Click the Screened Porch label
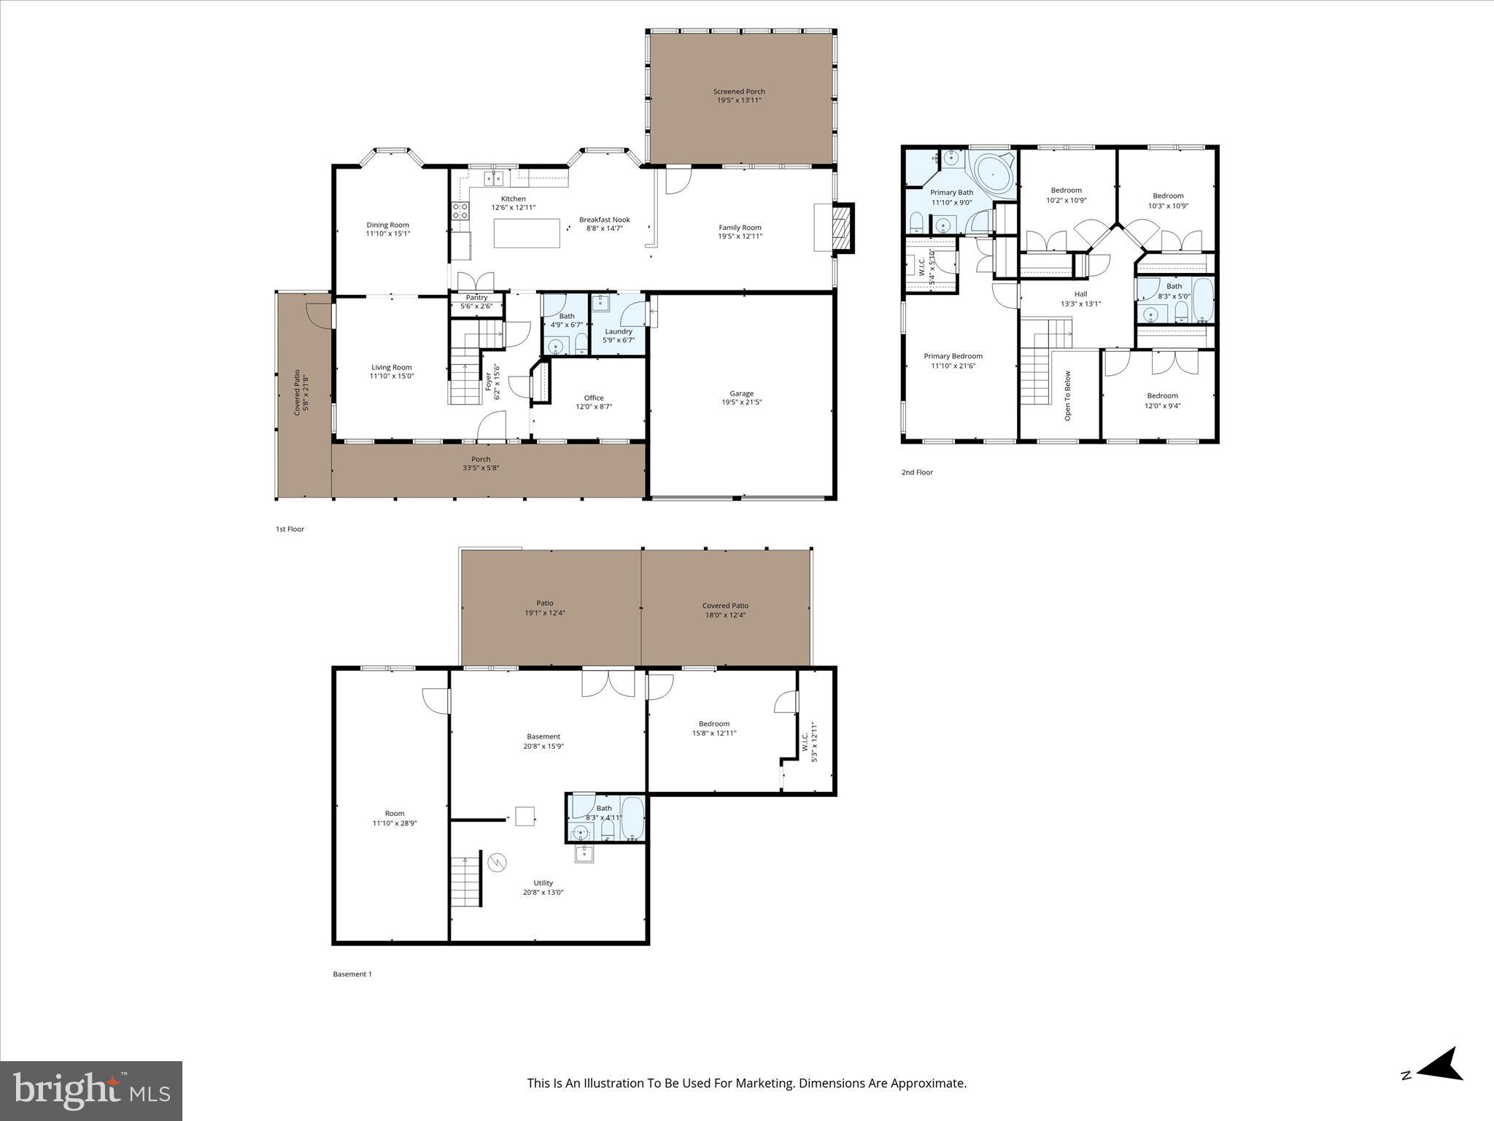point(739,96)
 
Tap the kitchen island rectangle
point(527,234)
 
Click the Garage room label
point(741,398)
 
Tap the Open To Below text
point(1067,396)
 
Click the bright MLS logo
point(91,1090)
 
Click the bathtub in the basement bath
point(632,818)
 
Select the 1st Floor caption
point(290,529)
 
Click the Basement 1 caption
point(352,974)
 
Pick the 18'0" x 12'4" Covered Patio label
point(725,610)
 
